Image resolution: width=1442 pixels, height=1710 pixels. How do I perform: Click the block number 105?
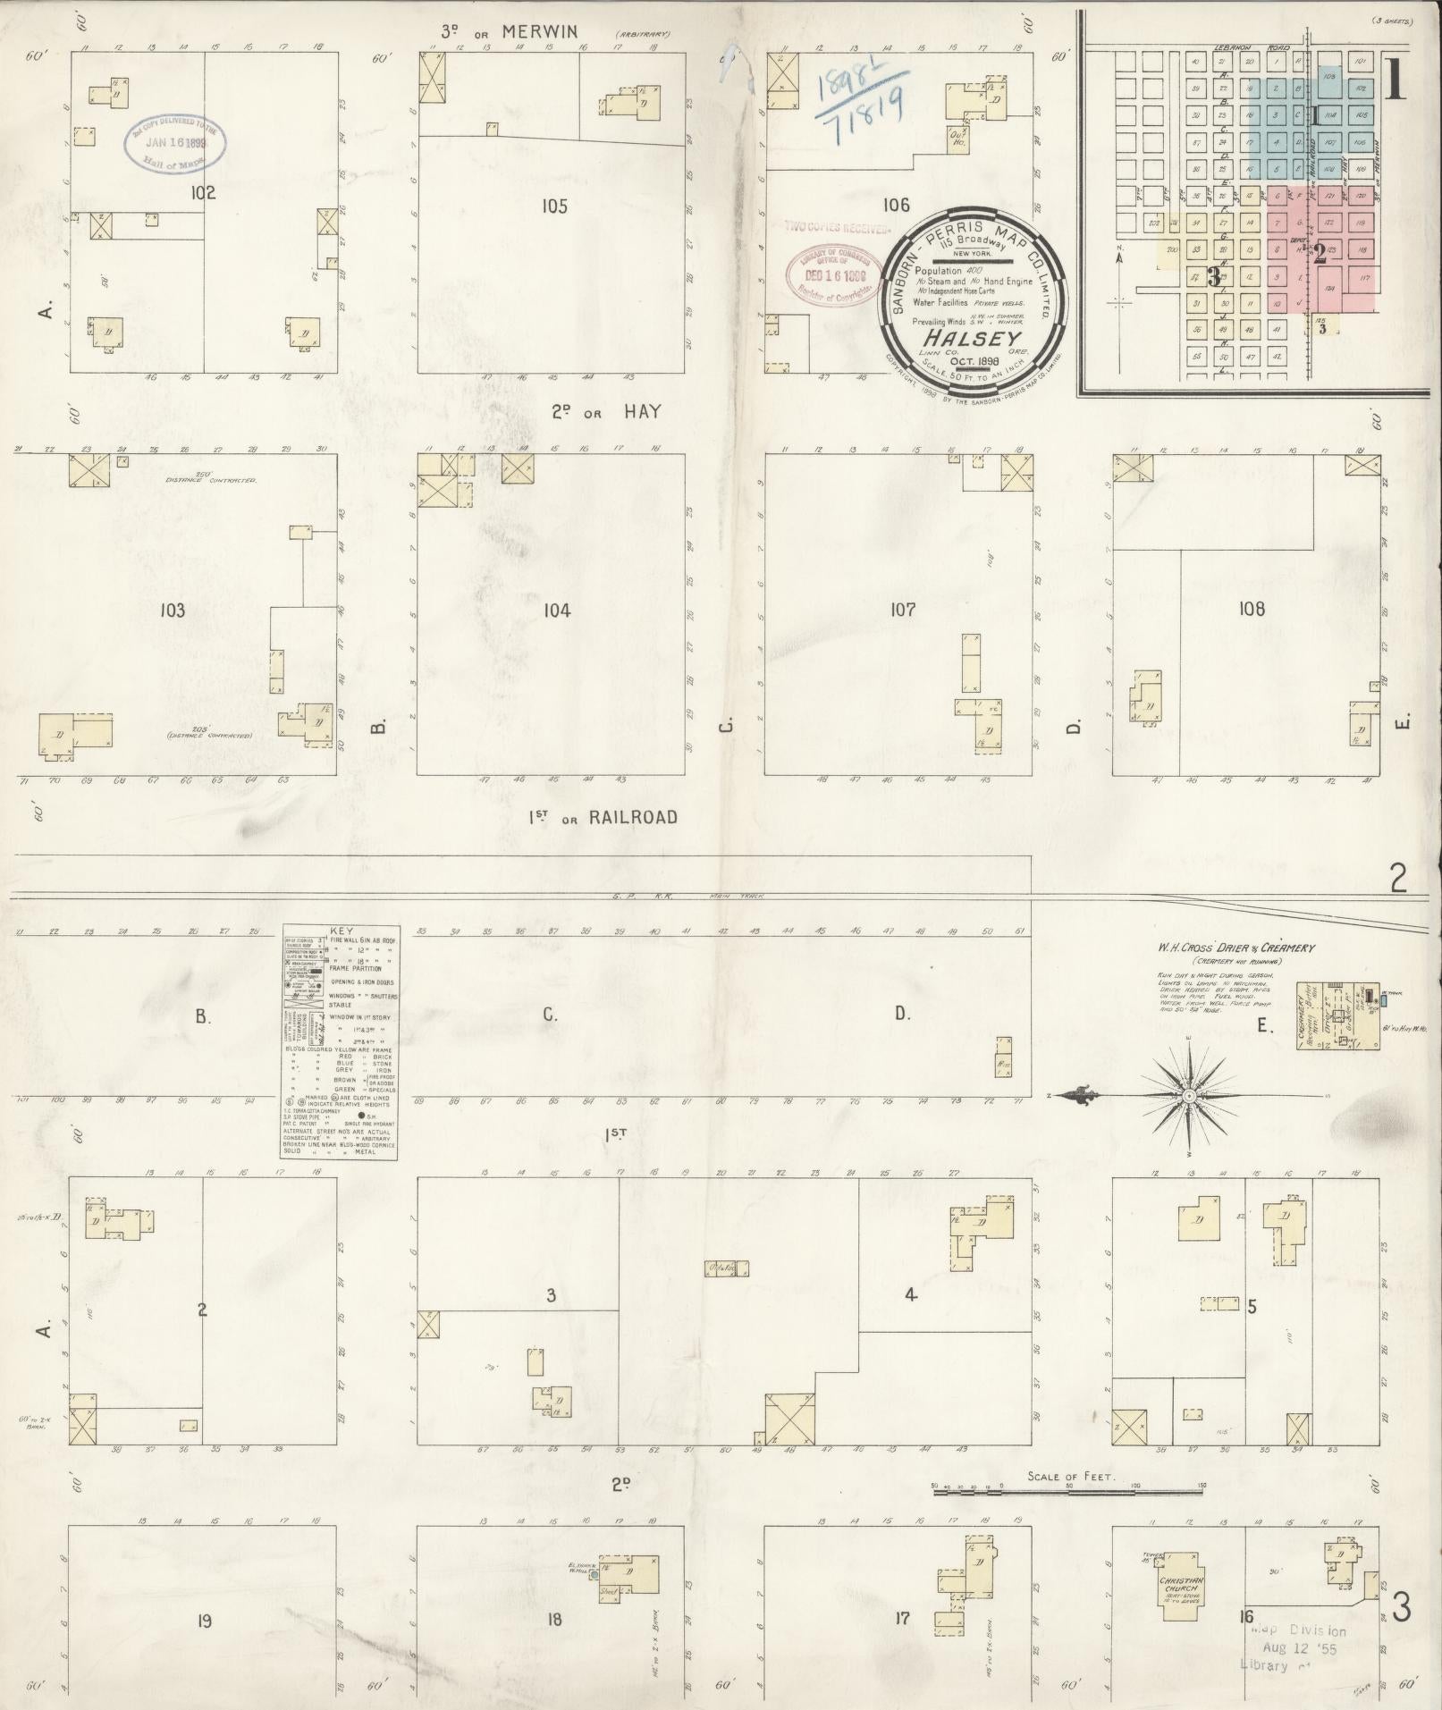[x=554, y=206]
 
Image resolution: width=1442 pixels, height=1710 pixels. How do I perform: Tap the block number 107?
[x=903, y=610]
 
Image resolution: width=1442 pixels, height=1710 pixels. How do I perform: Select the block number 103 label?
[x=172, y=611]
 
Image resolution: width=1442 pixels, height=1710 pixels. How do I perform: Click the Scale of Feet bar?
[x=1068, y=1486]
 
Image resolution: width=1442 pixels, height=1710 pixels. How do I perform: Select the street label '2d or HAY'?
[x=605, y=411]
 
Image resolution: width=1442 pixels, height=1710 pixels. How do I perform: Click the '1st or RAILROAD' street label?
[x=602, y=817]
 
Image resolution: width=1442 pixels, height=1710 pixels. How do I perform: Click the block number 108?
[x=1252, y=609]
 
